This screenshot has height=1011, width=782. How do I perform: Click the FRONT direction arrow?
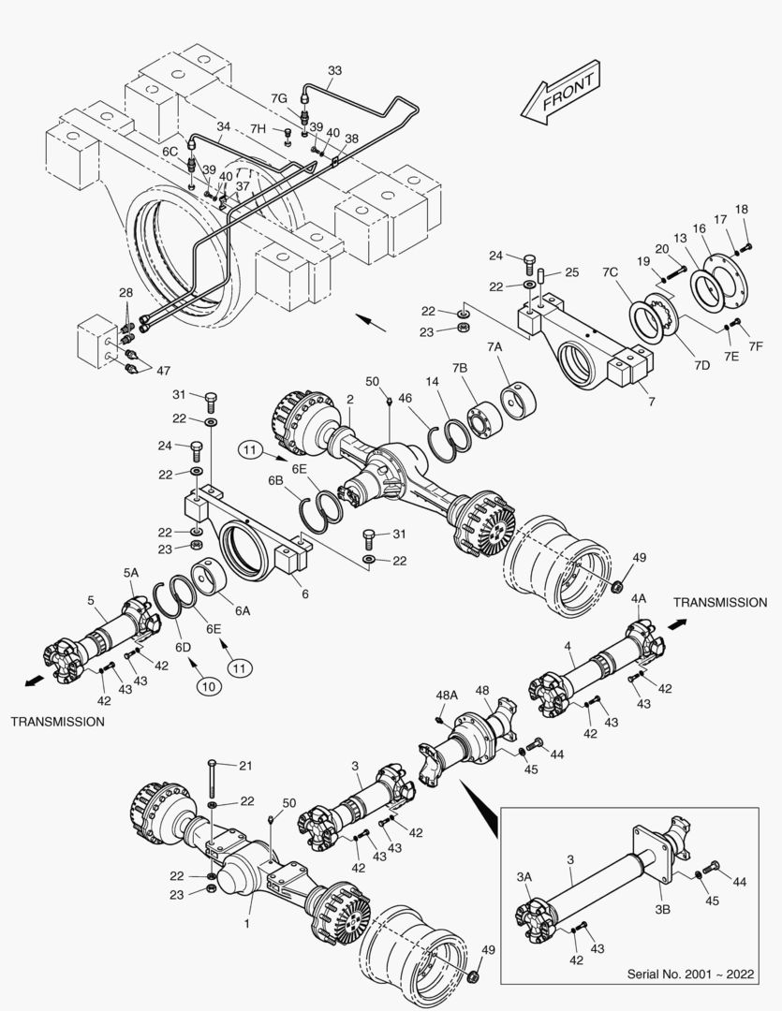tap(561, 94)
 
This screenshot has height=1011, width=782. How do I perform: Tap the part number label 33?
tap(335, 70)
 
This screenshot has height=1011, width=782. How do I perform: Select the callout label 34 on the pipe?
tap(223, 126)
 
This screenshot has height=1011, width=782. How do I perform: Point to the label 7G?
tap(279, 97)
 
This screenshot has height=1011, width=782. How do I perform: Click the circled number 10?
tap(208, 686)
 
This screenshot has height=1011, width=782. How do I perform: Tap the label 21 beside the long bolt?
tap(245, 766)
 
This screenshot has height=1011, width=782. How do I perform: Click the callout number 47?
tap(163, 372)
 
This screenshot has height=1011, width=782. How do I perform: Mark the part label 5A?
tap(130, 572)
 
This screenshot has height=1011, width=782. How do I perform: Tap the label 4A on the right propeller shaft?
tap(639, 598)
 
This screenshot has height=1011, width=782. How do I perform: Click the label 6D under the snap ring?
tap(183, 647)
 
